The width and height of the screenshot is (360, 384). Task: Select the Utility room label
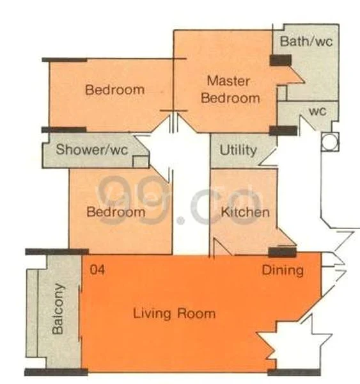click(238, 151)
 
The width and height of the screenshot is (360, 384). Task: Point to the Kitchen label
click(245, 212)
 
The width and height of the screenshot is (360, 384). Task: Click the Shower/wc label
click(92, 151)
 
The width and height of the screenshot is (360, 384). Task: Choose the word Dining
click(283, 270)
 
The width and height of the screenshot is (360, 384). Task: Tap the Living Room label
click(174, 314)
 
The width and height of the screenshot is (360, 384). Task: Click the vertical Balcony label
click(58, 308)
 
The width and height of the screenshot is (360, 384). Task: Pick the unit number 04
click(97, 270)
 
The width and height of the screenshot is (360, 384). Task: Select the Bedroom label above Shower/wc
click(114, 90)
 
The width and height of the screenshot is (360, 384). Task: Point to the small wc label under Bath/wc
click(318, 111)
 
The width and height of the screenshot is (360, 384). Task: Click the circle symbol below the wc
click(329, 142)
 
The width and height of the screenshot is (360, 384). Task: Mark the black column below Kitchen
click(282, 252)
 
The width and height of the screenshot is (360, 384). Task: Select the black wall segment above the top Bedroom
click(64, 60)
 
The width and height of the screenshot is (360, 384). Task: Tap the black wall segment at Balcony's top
click(56, 252)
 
